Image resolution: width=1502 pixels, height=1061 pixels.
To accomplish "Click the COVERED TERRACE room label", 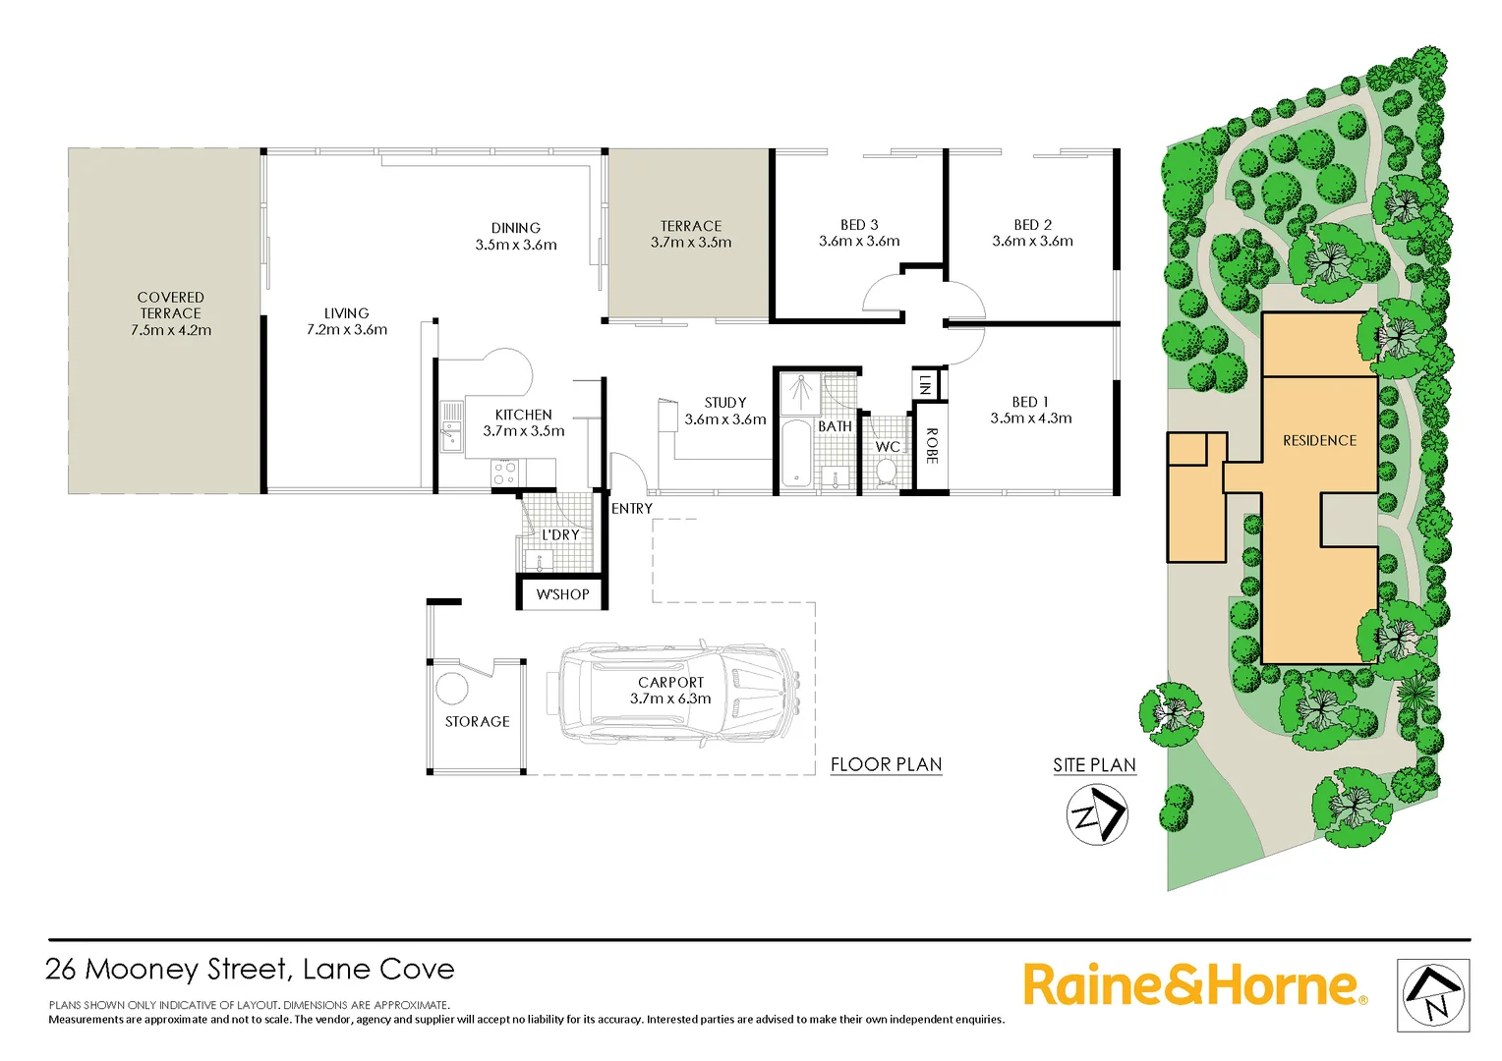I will click(x=171, y=305).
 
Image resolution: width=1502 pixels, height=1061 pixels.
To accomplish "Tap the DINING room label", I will click(x=516, y=228).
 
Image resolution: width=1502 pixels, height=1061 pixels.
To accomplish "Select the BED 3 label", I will click(x=859, y=225).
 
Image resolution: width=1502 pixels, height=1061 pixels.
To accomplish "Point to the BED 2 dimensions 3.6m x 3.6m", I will click(x=1032, y=242).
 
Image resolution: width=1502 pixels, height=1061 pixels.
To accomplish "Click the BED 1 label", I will click(x=1030, y=402).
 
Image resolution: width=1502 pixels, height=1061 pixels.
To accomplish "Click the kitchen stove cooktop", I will click(x=505, y=473).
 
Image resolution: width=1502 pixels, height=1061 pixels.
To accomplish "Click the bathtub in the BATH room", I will click(x=794, y=454).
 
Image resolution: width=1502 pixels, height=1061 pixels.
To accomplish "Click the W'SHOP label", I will click(x=562, y=594).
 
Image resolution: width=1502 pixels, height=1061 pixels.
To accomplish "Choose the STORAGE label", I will click(x=478, y=721).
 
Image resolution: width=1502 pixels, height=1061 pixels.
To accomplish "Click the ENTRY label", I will click(x=632, y=509).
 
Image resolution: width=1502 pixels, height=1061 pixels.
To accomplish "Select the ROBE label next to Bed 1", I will click(x=932, y=446).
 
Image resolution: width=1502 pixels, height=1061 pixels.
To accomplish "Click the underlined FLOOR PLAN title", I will click(x=886, y=764).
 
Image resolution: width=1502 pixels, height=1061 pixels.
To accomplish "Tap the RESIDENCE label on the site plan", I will click(x=1319, y=441).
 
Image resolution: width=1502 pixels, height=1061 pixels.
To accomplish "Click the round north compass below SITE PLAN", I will click(x=1097, y=815).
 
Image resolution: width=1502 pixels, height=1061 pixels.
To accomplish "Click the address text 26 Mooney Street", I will click(x=167, y=970).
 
